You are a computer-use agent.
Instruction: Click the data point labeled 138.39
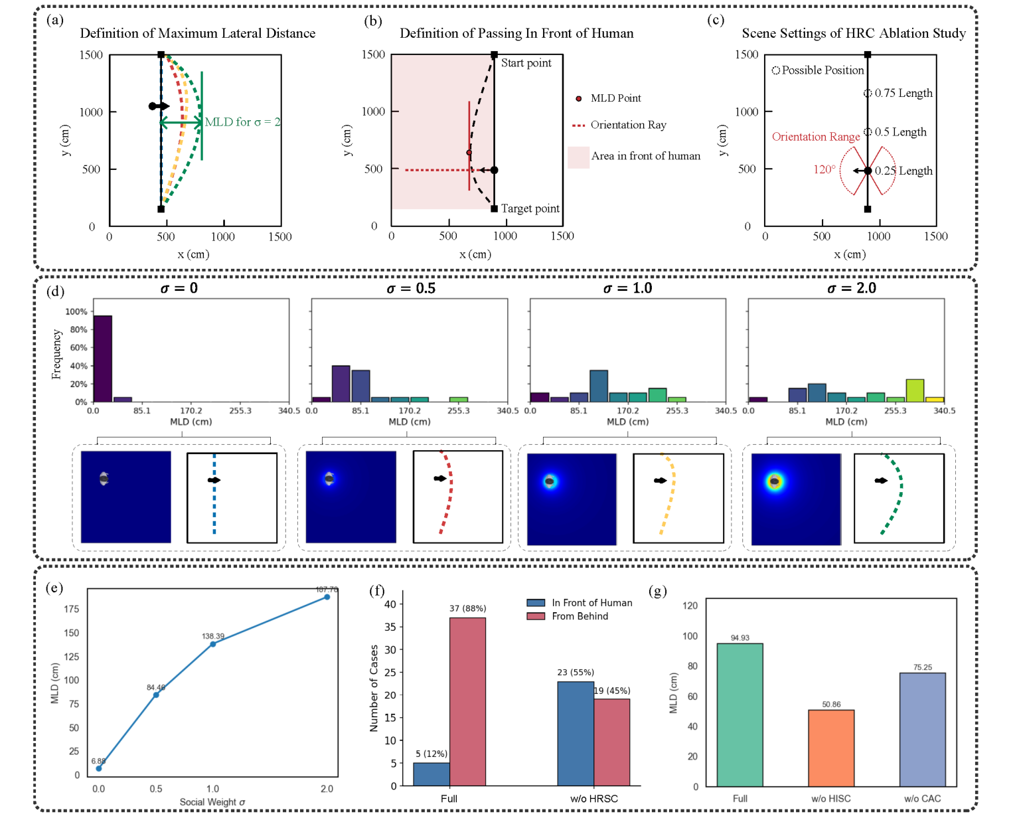[x=213, y=644]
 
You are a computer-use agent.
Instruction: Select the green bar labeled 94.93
[x=740, y=714]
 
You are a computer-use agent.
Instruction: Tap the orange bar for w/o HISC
[x=831, y=748]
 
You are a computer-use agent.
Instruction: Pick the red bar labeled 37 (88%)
[x=467, y=702]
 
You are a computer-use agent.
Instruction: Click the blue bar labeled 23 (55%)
[x=576, y=734]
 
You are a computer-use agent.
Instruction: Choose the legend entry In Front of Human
[x=591, y=603]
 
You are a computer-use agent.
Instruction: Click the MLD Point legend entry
[x=615, y=98]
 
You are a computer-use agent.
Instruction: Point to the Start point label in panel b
[x=526, y=63]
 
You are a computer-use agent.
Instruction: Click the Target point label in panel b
[x=530, y=208]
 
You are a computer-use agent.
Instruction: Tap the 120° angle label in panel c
[x=824, y=170]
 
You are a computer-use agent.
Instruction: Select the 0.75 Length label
[x=903, y=93]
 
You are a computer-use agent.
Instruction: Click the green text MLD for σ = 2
[x=242, y=122]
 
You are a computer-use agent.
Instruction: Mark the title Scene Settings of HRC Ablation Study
[x=854, y=33]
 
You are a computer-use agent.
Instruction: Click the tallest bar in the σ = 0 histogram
[x=103, y=359]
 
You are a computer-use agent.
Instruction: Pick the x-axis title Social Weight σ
[x=212, y=802]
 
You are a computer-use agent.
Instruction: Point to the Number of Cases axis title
[x=374, y=688]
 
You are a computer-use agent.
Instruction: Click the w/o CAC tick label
[x=922, y=799]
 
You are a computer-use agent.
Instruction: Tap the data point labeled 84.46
[x=156, y=695]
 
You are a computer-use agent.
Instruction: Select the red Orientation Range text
[x=816, y=137]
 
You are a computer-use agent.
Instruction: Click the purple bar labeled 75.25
[x=922, y=729]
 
